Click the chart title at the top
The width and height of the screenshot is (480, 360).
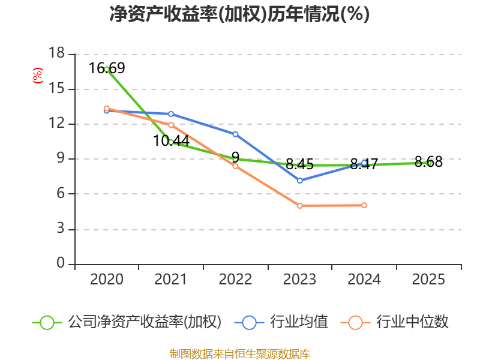239,14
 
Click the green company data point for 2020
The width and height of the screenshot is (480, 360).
107,69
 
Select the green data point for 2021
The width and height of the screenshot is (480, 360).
171,142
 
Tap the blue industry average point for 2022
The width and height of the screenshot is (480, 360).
235,134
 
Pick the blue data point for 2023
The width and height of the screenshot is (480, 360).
299,180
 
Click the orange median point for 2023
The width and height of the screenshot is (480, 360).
299,206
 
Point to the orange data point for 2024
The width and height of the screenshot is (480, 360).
364,205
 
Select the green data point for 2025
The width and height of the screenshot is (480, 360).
429,163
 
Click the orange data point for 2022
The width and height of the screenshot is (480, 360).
235,166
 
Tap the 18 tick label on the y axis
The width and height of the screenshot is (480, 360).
56,54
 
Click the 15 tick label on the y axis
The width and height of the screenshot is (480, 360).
56,89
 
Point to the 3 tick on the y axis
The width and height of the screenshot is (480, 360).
61,229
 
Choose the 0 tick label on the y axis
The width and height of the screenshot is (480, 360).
61,264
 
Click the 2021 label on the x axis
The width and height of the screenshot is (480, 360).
171,280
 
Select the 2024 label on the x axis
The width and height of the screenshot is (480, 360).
364,280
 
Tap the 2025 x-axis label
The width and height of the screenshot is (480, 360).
429,280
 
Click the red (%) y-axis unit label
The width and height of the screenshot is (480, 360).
38,76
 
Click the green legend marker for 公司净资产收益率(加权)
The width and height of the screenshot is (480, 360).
47,322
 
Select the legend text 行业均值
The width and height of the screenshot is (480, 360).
299,322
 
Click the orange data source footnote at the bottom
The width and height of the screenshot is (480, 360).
239,353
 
